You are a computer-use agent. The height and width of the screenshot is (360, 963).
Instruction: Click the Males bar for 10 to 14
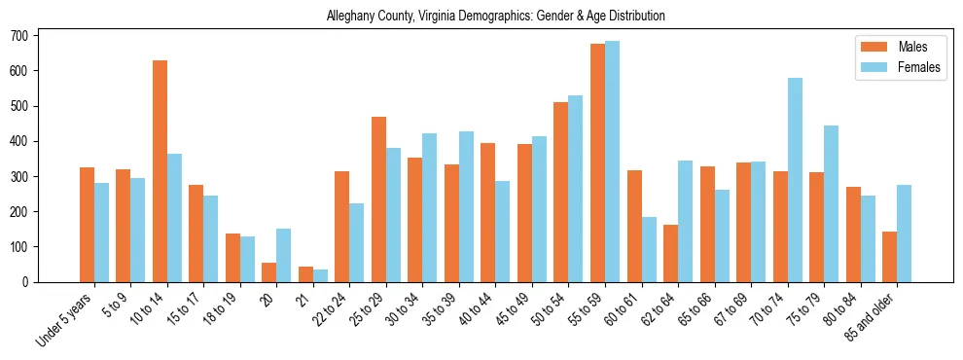click(x=160, y=171)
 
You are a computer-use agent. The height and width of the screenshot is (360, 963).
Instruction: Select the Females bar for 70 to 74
click(x=795, y=180)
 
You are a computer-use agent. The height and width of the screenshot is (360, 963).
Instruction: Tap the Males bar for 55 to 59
click(x=597, y=162)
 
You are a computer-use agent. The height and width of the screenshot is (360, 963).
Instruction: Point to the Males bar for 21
click(x=305, y=274)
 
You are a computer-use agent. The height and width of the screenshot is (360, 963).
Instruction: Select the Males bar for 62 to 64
click(x=670, y=253)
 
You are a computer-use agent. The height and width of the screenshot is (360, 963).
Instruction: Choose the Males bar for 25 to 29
click(x=378, y=199)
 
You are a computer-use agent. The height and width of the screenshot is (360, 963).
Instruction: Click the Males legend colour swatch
click(x=870, y=47)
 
